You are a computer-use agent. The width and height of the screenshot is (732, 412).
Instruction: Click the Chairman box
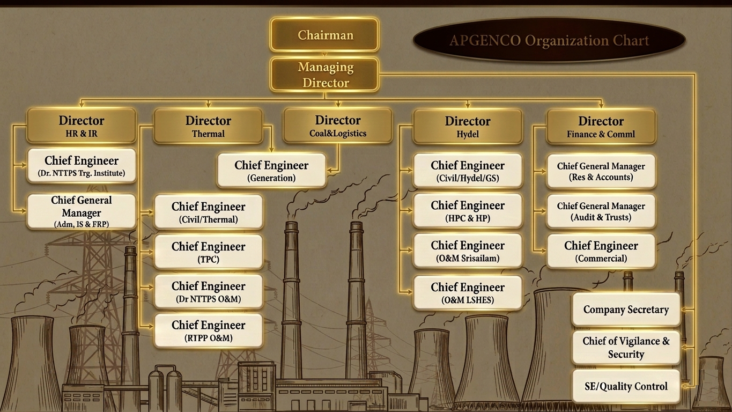coord(324,35)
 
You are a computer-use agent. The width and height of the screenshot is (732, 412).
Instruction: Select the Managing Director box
coord(324,75)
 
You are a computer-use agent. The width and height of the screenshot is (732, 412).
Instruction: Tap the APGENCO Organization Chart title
coord(549,40)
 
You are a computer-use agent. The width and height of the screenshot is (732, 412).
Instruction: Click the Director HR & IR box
coord(82,126)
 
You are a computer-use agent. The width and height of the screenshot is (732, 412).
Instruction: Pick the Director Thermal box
coord(208,126)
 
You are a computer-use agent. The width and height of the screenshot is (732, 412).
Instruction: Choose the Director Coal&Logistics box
coord(337,126)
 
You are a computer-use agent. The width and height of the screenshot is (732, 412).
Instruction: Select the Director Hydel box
coord(468,127)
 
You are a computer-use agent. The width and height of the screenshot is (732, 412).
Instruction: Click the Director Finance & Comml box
coord(601,127)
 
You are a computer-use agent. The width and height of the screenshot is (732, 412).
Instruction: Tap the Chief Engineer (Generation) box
coord(271,171)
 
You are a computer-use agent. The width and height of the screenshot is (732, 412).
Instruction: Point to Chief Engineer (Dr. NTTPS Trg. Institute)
coord(82,165)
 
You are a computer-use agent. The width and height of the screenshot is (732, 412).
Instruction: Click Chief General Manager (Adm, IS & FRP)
coord(82,211)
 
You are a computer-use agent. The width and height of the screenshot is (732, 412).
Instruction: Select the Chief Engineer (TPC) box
coord(208,252)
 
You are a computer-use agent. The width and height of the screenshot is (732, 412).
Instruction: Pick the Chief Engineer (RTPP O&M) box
coord(208,330)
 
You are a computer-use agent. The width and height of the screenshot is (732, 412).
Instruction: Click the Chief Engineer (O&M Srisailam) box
coord(468,251)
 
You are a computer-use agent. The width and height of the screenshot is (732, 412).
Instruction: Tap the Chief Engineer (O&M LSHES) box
coord(468,292)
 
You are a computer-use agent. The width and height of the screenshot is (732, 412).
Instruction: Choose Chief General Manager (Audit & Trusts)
coord(601,211)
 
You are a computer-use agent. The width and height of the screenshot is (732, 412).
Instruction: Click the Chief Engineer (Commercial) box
coord(601,251)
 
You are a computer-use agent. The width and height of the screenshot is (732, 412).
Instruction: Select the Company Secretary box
coord(626,310)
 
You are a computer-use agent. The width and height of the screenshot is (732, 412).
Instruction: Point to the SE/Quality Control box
coord(626,386)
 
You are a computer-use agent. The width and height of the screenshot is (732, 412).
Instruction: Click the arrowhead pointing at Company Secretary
coord(684,309)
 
